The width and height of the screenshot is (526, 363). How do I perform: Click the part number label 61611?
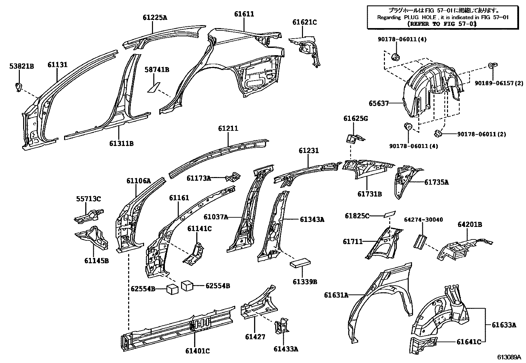click(244, 14)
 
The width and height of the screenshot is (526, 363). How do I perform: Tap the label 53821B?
click(21, 67)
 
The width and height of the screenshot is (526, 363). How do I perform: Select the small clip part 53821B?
click(19, 87)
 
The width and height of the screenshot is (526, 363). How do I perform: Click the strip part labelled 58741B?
click(153, 87)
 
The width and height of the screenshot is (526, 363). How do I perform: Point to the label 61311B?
click(121, 144)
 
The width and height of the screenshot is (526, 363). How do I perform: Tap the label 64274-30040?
click(423, 220)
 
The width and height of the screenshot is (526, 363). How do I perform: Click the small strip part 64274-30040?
click(420, 241)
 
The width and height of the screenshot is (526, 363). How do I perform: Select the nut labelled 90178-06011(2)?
click(438, 133)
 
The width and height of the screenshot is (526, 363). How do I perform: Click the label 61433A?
click(286, 349)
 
